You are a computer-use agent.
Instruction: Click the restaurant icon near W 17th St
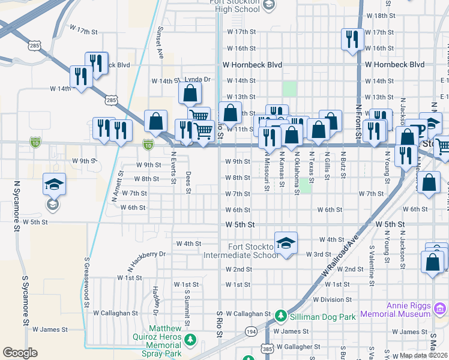(350, 40)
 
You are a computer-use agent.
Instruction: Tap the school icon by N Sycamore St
(54, 185)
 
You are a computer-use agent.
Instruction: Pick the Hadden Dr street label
(155, 300)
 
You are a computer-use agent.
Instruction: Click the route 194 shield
(251, 331)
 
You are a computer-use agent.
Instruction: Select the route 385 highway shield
(267, 349)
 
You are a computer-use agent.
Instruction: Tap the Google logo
(20, 352)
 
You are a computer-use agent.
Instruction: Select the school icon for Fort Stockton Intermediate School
(286, 243)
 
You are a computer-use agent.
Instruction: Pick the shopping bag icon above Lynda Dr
(190, 94)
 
